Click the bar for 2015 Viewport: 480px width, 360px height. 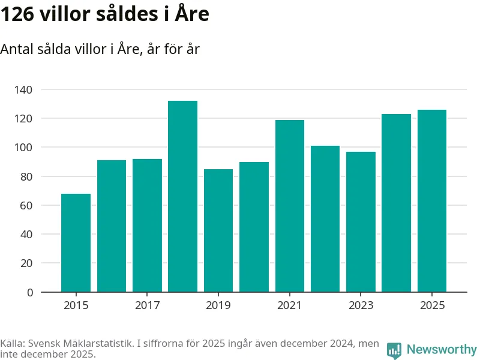coord(76,243)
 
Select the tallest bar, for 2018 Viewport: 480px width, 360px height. coord(182,196)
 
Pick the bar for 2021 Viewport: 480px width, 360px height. coord(290,206)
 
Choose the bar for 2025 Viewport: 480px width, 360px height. coord(432,201)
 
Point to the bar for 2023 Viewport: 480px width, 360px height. coord(361,222)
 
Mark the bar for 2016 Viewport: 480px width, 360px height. coord(112,226)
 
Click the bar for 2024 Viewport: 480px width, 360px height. coord(397,203)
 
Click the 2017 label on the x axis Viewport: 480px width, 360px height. coord(147,305)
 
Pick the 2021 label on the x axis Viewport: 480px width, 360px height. coord(290,305)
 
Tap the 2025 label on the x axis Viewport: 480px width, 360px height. coord(432,305)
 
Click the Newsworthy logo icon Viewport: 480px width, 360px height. coord(394,350)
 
